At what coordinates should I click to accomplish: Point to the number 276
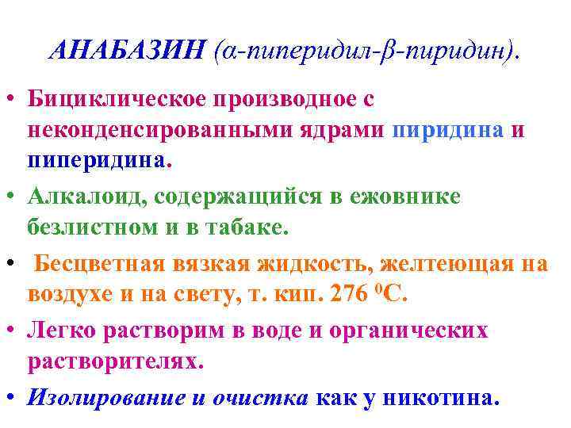point(351,292)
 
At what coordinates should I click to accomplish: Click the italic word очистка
point(259,396)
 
